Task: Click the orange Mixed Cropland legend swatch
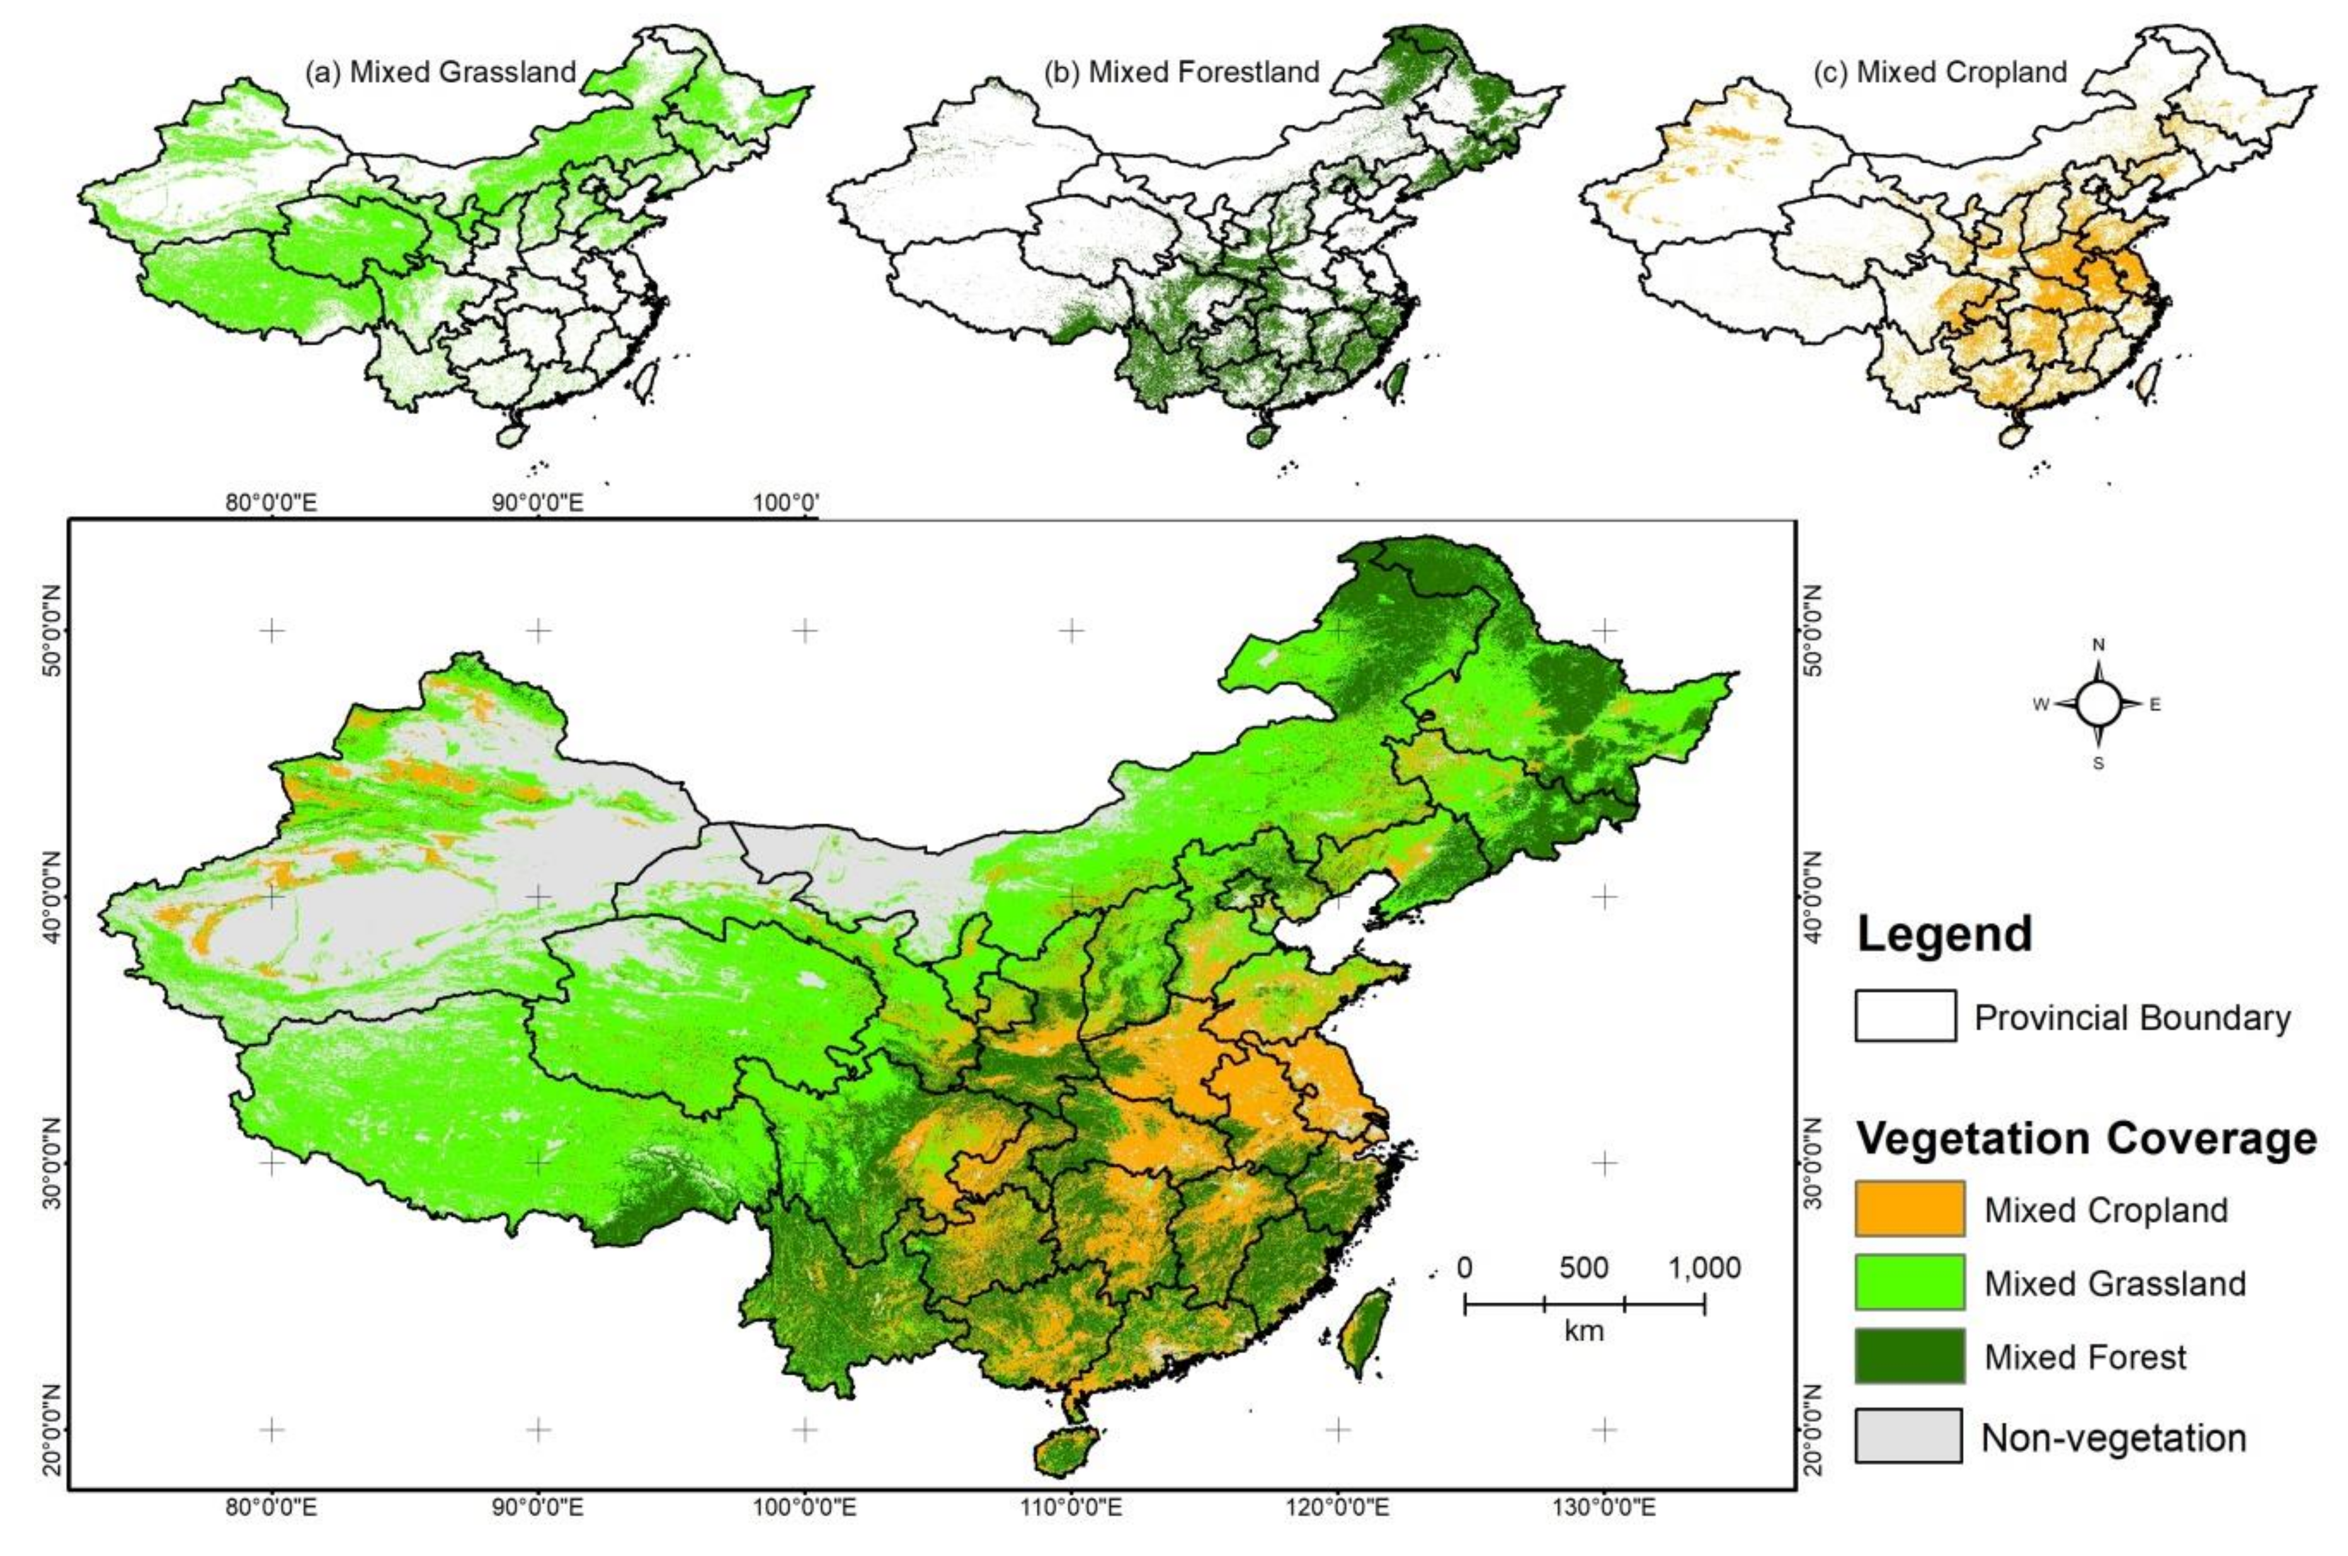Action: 1908,1208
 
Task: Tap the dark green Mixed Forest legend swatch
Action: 1908,1356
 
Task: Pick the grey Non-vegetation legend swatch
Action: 1908,1436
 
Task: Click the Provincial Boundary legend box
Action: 1904,1016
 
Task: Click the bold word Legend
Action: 1943,934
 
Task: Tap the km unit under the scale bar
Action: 1583,1330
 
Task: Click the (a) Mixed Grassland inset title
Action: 441,72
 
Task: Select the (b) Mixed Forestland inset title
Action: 1182,72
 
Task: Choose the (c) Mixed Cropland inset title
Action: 1940,72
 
